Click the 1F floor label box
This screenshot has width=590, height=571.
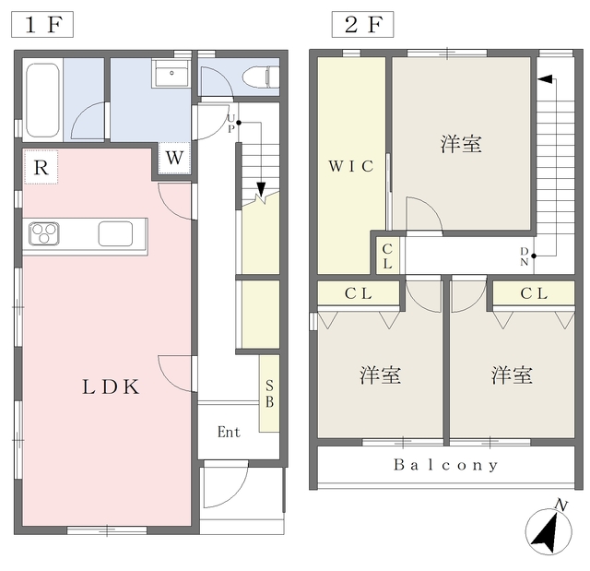pyautogui.click(x=43, y=23)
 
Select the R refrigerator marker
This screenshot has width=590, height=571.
pyautogui.click(x=41, y=168)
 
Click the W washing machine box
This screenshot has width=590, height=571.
pyautogui.click(x=176, y=158)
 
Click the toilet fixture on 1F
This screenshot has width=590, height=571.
pyautogui.click(x=264, y=77)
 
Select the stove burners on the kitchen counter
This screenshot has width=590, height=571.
pyautogui.click(x=44, y=234)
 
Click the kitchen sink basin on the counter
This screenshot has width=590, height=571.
pyautogui.click(x=116, y=234)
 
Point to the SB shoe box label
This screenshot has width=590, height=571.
pyautogui.click(x=269, y=394)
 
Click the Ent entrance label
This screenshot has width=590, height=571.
pyautogui.click(x=229, y=432)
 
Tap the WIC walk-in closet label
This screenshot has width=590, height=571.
pyautogui.click(x=351, y=167)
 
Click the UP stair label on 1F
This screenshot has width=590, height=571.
pyautogui.click(x=231, y=123)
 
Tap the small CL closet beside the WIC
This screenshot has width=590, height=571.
pyautogui.click(x=387, y=256)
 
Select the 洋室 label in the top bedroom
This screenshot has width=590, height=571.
pyautogui.click(x=461, y=144)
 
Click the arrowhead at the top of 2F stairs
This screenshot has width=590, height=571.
pyautogui.click(x=545, y=79)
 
